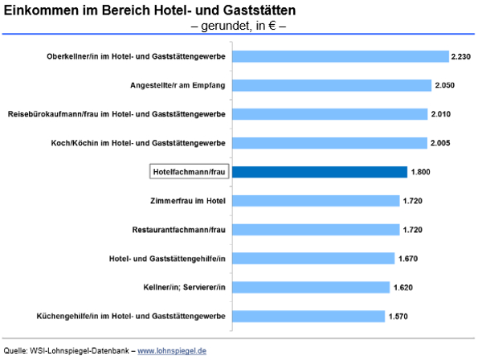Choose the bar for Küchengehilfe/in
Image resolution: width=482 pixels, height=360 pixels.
tap(312, 316)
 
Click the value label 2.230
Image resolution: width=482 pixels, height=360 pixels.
tap(462, 56)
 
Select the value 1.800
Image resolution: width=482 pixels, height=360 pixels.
tap(421, 172)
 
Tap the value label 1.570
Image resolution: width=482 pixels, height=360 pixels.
tap(398, 316)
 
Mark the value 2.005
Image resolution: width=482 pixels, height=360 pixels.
tap(441, 143)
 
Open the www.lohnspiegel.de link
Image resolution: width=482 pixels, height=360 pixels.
tap(172, 351)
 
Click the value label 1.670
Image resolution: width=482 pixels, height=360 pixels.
tap(407, 259)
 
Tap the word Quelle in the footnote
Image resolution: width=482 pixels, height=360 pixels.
tap(15, 351)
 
